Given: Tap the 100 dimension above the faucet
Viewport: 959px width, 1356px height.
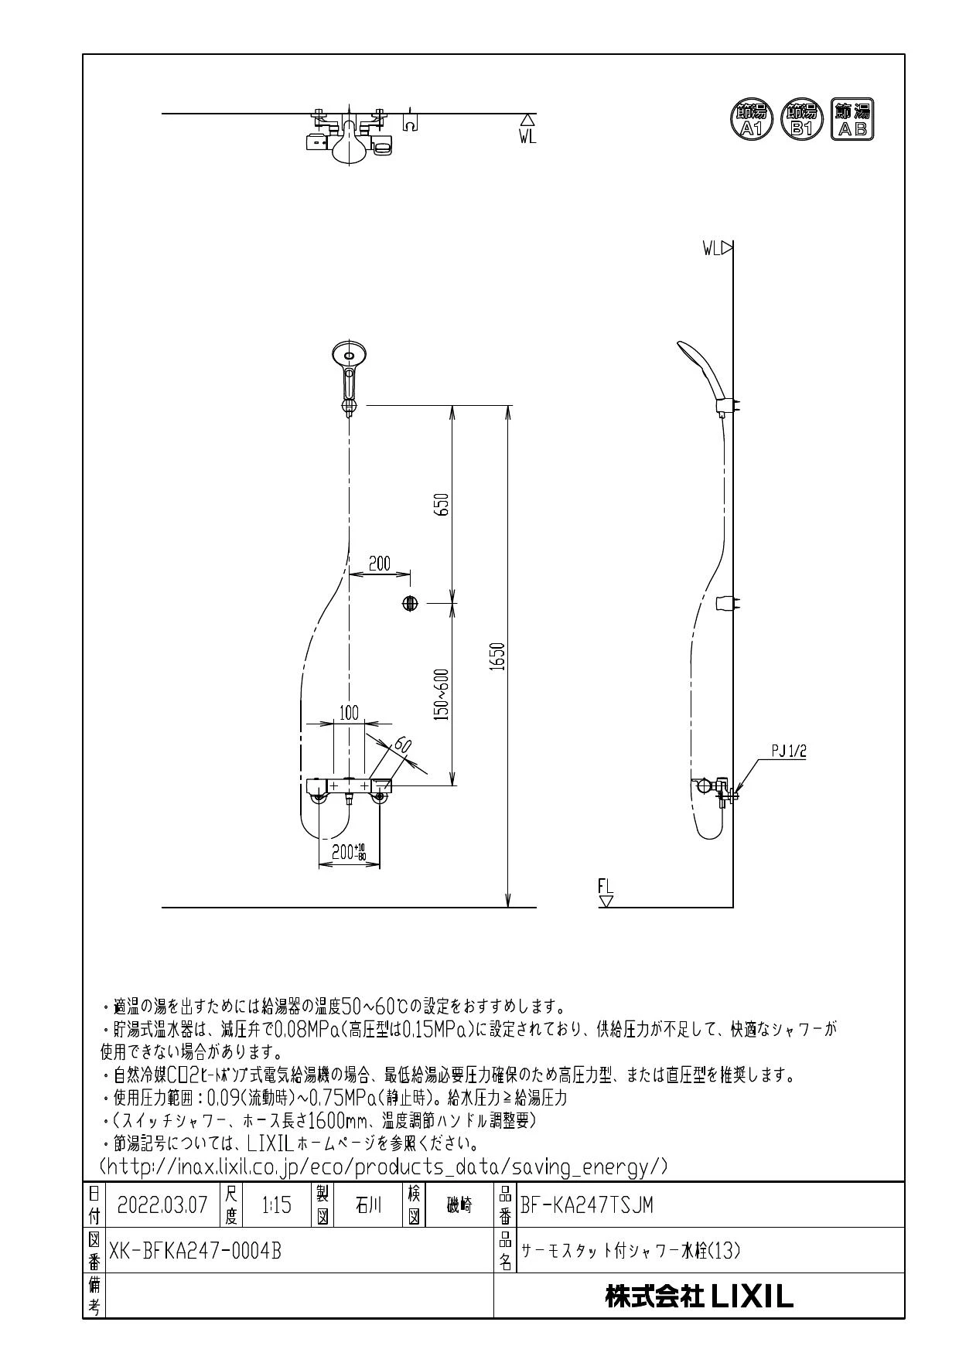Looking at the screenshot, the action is pos(350,713).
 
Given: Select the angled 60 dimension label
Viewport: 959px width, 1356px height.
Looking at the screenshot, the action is pos(402,748).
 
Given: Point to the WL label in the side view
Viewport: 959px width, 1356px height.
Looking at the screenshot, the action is pos(712,249).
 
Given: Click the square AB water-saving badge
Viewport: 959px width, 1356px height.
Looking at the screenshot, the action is pos(851,119).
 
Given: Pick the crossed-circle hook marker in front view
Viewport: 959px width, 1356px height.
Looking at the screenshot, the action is pos(410,603).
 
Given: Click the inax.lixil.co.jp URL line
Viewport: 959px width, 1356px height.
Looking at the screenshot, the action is pos(384,1167).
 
